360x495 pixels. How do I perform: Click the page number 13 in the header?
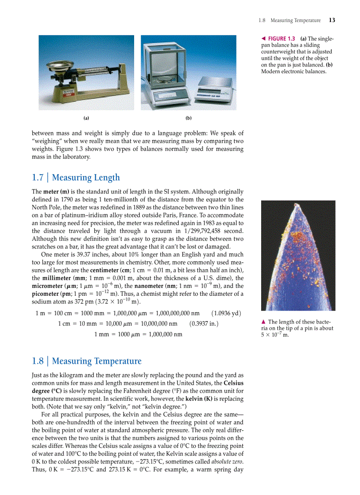point(332,20)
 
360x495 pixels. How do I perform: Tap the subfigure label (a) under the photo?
point(86,118)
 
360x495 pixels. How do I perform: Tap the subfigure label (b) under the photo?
point(188,118)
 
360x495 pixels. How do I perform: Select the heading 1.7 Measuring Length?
point(76,178)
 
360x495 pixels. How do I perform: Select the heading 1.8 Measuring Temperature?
point(86,361)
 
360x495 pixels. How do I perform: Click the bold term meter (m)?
point(55,192)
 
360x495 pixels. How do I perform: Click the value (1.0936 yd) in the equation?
point(226,313)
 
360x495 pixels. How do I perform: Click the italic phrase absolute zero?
point(226,461)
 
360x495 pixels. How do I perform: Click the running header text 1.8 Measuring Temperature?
point(290,20)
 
